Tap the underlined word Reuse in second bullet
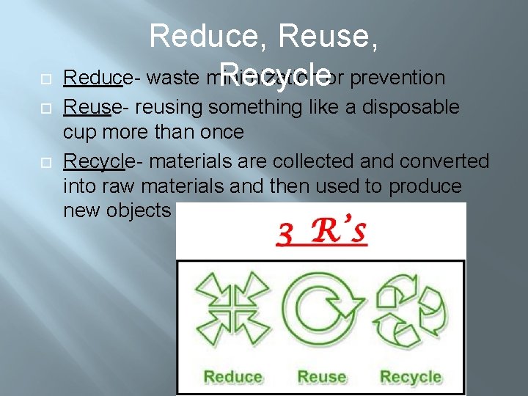(x=86, y=108)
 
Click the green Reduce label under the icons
(x=232, y=377)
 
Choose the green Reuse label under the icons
(x=321, y=377)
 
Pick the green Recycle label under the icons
(x=410, y=377)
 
